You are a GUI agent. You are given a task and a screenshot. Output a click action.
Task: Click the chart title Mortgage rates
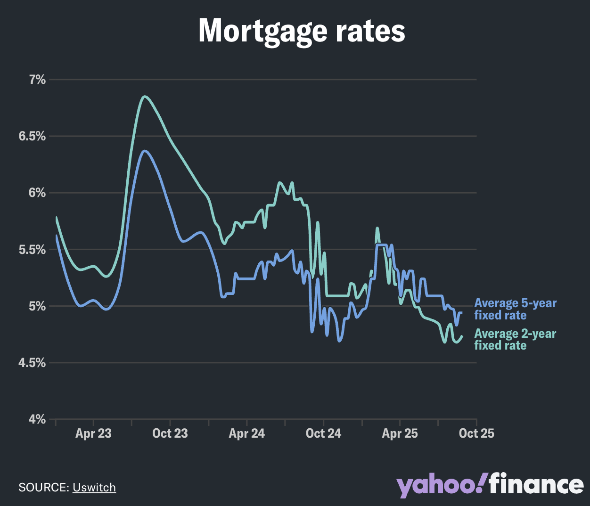pyautogui.click(x=302, y=31)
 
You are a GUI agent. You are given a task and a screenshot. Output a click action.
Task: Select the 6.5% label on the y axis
pyautogui.click(x=32, y=137)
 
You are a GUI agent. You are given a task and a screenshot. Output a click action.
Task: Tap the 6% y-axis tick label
pyautogui.click(x=37, y=193)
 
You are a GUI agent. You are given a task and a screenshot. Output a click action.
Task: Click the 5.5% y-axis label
pyautogui.click(x=32, y=250)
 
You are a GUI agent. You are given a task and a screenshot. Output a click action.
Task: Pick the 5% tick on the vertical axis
pyautogui.click(x=37, y=306)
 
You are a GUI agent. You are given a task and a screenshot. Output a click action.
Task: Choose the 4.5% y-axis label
pyautogui.click(x=32, y=363)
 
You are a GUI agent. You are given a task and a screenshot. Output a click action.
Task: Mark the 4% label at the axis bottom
pyautogui.click(x=37, y=419)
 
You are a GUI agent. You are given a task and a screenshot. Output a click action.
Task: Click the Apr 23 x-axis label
pyautogui.click(x=93, y=433)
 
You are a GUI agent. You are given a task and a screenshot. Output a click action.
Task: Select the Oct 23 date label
pyautogui.click(x=170, y=433)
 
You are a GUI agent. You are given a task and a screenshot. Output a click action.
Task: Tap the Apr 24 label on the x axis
pyautogui.click(x=246, y=433)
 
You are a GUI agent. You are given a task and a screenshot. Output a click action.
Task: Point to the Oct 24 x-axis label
pyautogui.click(x=323, y=433)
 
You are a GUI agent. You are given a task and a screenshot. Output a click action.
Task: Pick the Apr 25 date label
pyautogui.click(x=400, y=433)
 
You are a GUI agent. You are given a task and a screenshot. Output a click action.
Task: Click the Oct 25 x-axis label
pyautogui.click(x=476, y=433)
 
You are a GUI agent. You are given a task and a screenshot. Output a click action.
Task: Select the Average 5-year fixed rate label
pyautogui.click(x=515, y=309)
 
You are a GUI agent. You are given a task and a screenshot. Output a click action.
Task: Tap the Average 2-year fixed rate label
pyautogui.click(x=515, y=339)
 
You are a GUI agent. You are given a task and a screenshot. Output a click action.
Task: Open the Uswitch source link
pyautogui.click(x=94, y=487)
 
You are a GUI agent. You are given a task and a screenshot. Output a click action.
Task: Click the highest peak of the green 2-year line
pyautogui.click(x=145, y=97)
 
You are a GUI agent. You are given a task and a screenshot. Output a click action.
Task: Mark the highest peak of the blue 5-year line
pyautogui.click(x=145, y=151)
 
